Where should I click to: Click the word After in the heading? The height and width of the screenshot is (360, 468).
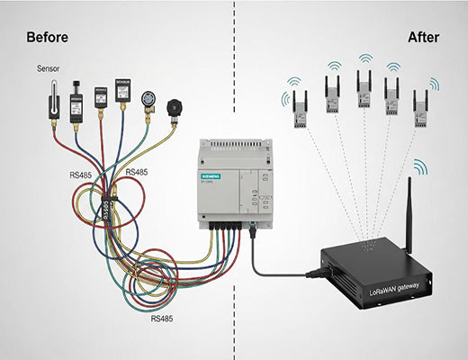click(423, 38)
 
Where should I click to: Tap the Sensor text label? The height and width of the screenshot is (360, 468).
click(49, 68)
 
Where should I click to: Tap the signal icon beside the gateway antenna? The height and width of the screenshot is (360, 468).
click(420, 167)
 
